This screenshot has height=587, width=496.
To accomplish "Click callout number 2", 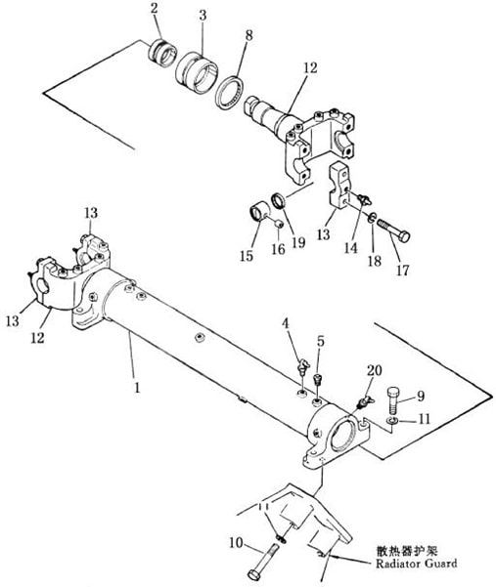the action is pos(155,9).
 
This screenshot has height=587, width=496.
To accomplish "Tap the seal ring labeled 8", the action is pos(230,93).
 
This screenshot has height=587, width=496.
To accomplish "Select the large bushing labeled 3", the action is pos(197,72).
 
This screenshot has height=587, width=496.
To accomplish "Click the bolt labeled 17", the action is pos(394,230).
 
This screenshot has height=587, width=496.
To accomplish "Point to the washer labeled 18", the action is pos(371,218).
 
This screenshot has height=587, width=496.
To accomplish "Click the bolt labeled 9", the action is pos(393,399).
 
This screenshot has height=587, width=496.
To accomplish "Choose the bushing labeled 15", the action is pos(258,212).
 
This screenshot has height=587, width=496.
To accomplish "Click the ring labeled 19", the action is pos(279,200).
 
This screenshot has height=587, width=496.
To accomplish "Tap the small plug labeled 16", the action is pos(278,224).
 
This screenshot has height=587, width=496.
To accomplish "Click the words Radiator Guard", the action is pos(417,563).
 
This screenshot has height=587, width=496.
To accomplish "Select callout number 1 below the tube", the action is pos(137,387).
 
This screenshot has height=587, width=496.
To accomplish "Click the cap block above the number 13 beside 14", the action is pos(338,186).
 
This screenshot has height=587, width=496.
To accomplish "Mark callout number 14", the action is pos(351,248).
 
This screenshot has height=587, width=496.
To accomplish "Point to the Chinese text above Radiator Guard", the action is pos(407,550).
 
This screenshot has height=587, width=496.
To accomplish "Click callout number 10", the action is pos(236,543).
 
